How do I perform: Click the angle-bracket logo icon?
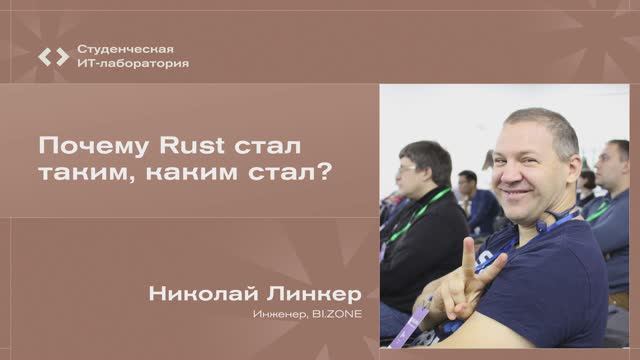coord(54,56)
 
